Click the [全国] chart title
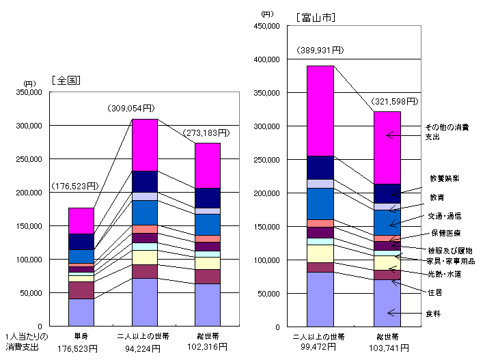pos(66,79)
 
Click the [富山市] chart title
pos(316,16)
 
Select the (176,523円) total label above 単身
pos(74,186)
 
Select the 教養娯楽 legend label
pos(444,178)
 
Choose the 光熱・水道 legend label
pos(444,274)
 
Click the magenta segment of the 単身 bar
pos(81,221)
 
